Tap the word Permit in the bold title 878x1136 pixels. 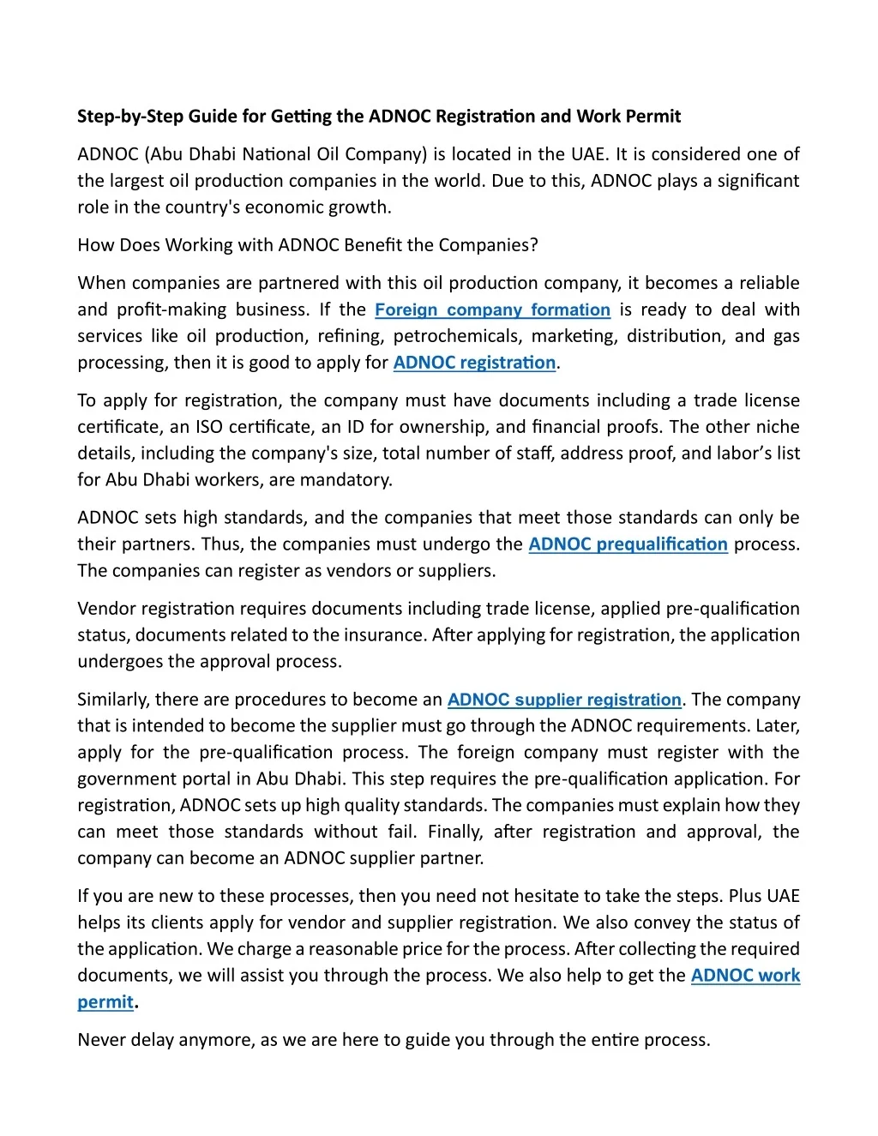(x=652, y=117)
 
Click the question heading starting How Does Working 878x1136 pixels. (x=307, y=245)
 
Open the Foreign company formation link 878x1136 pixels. (x=492, y=310)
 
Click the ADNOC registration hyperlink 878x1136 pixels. (x=474, y=363)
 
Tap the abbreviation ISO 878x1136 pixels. (x=209, y=427)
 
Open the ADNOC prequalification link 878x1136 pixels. (x=628, y=544)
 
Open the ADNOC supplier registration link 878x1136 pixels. (x=564, y=700)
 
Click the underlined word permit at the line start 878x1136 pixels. (x=105, y=1002)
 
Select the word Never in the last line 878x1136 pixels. (x=100, y=1041)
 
